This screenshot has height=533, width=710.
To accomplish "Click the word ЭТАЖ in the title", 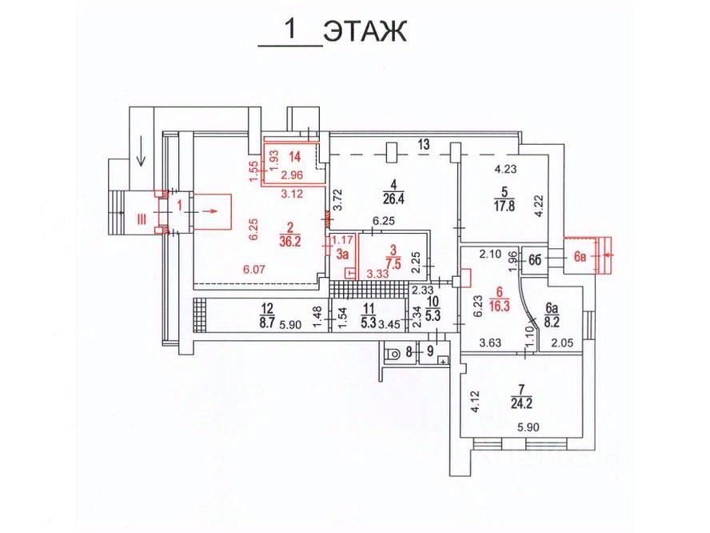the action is click(x=365, y=31).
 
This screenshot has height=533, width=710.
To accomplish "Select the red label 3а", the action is click(x=341, y=254).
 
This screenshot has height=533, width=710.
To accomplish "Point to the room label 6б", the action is click(x=536, y=258).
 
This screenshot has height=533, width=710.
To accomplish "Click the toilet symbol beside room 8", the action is click(x=393, y=353).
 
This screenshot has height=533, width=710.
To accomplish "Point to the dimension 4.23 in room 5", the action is click(x=505, y=168).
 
